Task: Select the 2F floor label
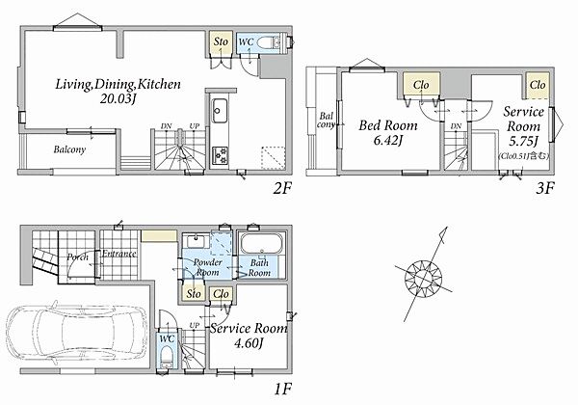coord(282,188)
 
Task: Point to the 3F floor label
coord(544,188)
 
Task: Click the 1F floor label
coord(283,390)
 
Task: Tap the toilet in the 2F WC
coord(267,42)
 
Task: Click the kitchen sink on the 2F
coord(219,111)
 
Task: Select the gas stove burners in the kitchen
coord(220,155)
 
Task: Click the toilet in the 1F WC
coord(168,356)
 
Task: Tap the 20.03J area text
coord(118,98)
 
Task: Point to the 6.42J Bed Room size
coord(388,141)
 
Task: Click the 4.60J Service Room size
coord(249,344)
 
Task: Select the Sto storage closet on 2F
coord(221,41)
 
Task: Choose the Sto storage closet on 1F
coord(194,294)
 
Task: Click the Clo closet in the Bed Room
coord(421,85)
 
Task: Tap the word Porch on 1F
coord(77,256)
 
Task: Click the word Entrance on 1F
coord(119,254)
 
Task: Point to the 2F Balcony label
coord(69,149)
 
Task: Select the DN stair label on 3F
coord(456,126)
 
